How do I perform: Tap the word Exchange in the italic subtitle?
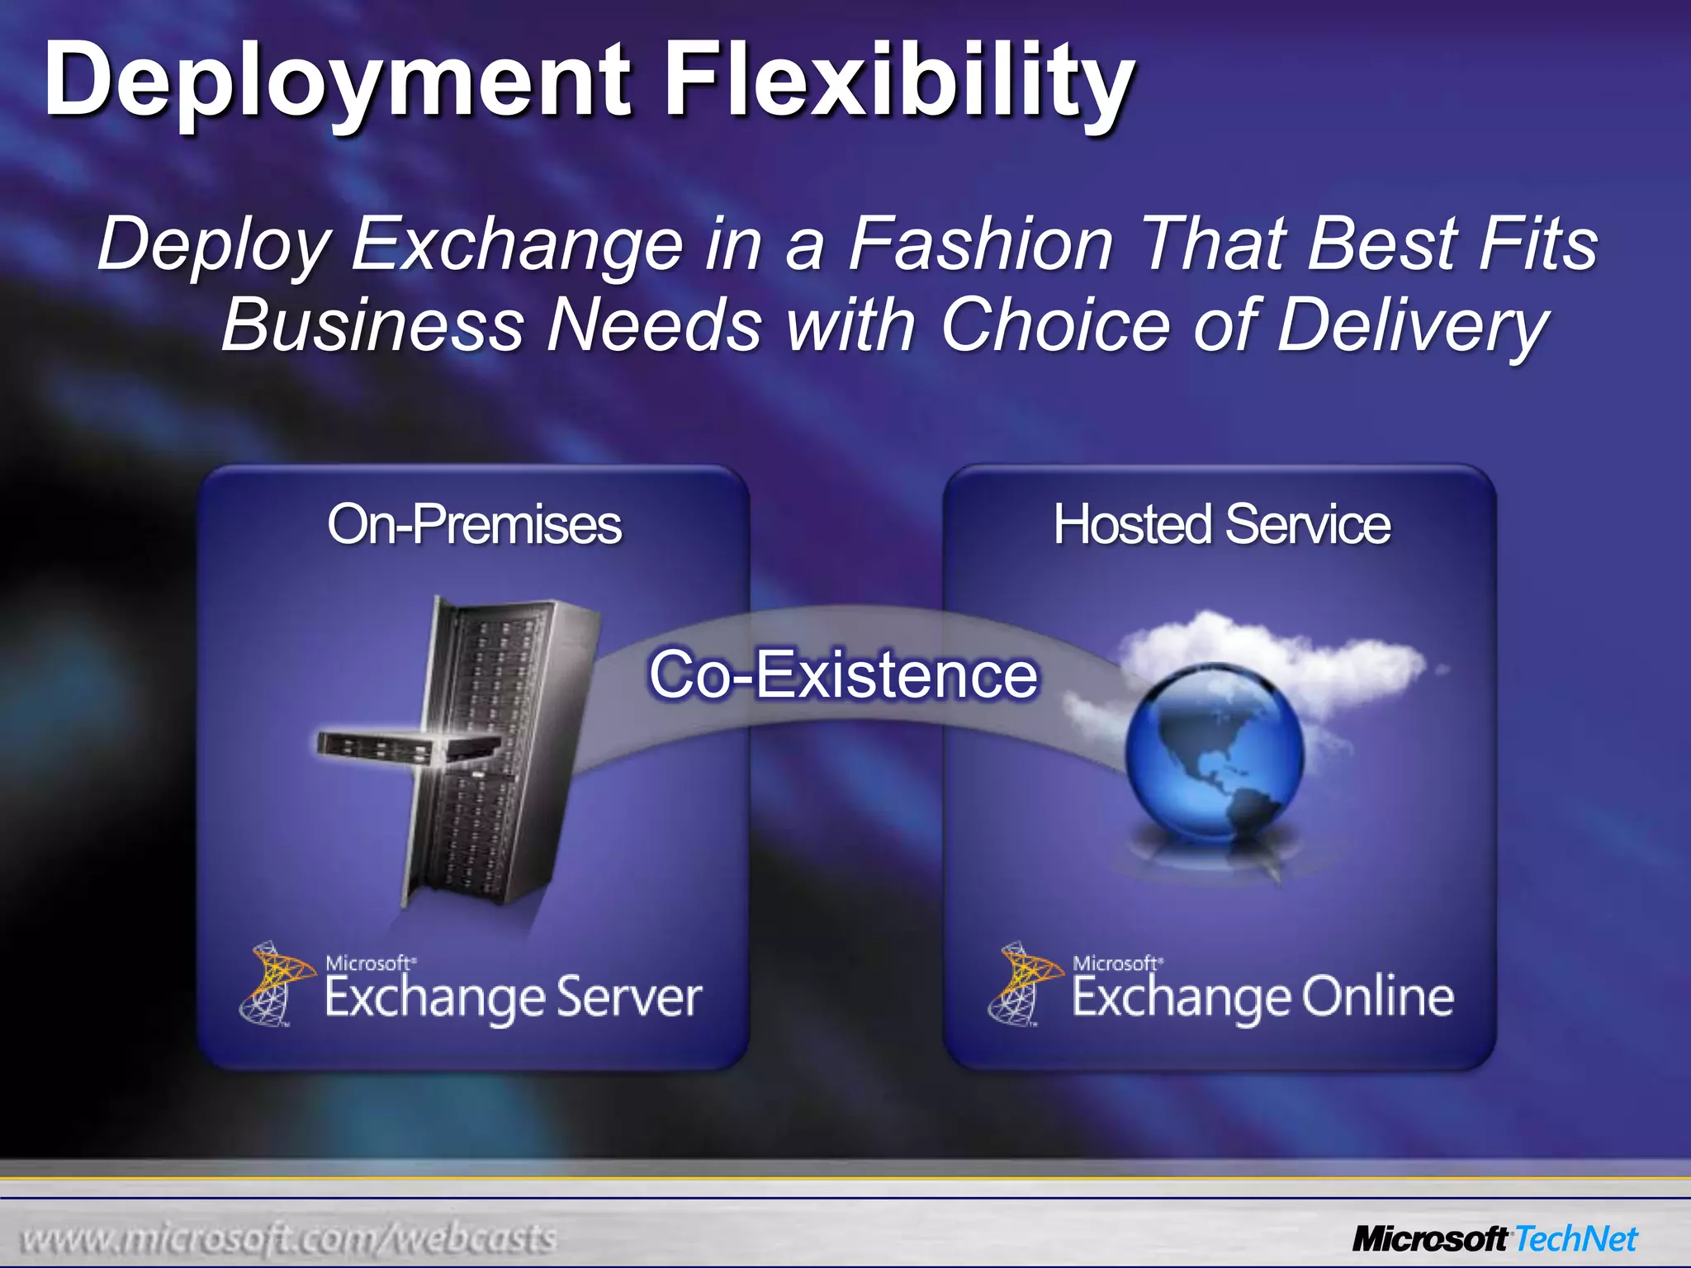point(518,244)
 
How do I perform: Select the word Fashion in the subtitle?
point(981,244)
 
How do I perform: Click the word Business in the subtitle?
point(372,324)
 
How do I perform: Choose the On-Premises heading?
point(474,524)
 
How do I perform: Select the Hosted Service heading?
point(1221,524)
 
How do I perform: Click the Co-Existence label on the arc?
point(843,674)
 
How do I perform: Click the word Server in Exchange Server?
point(628,996)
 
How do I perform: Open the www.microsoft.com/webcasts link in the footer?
point(289,1238)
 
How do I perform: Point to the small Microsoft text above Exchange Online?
point(1116,963)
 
